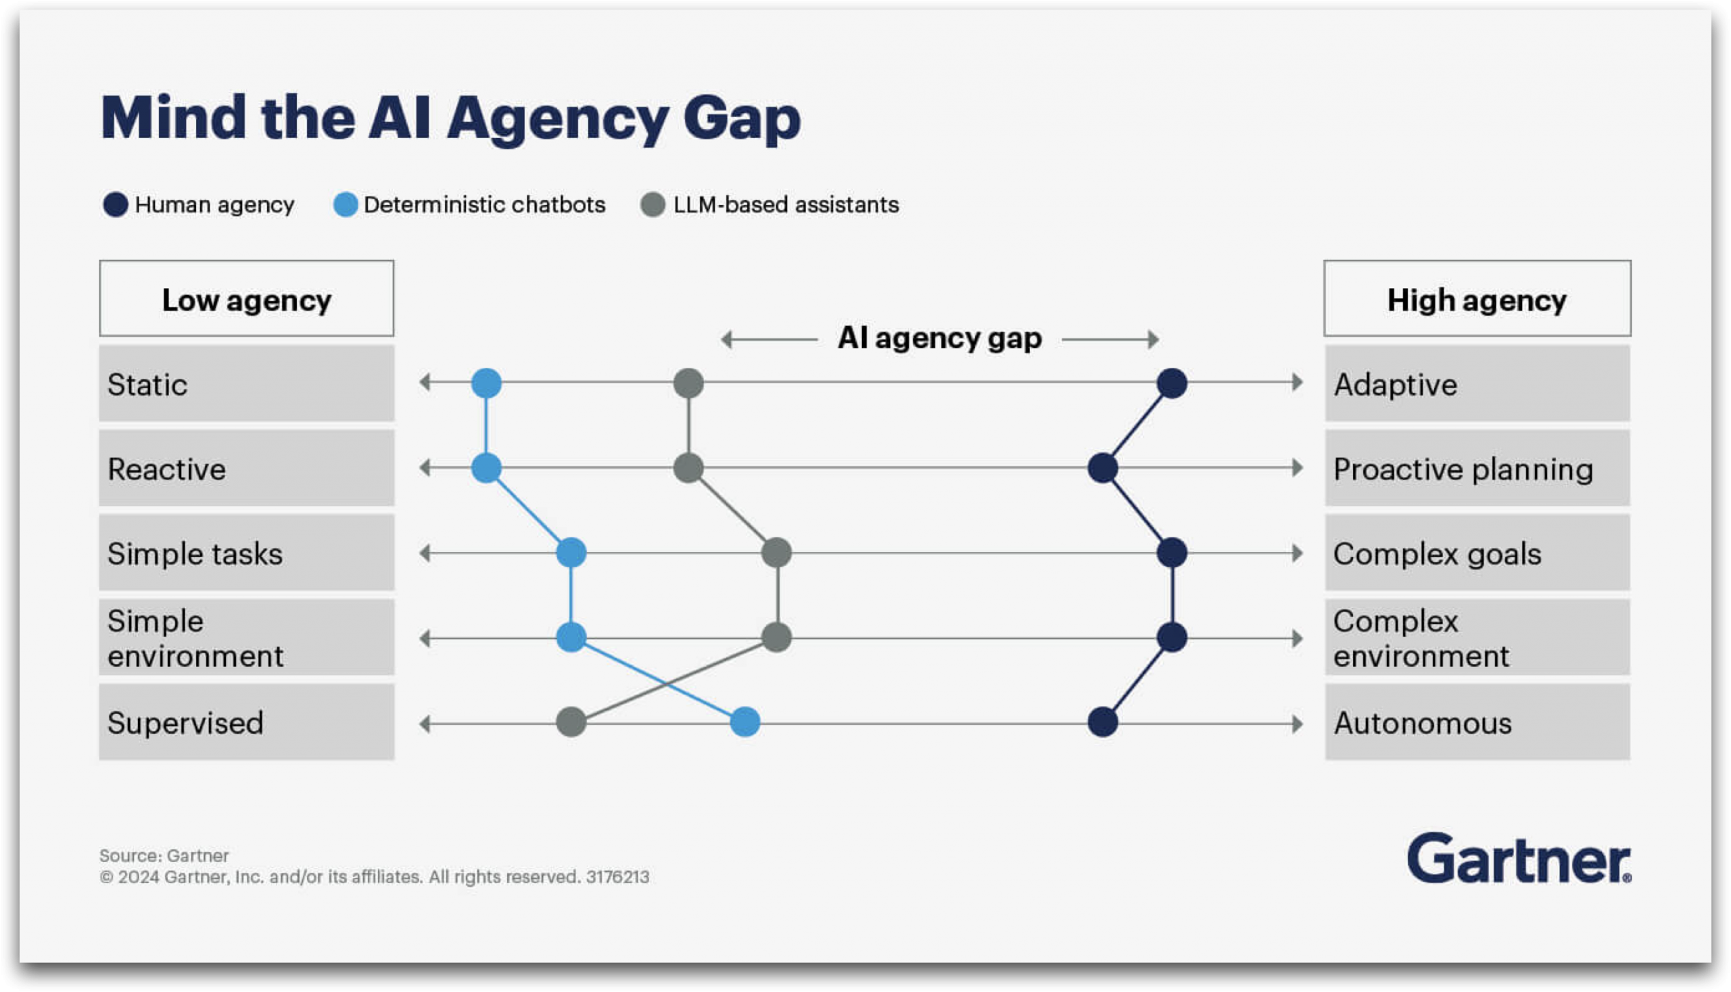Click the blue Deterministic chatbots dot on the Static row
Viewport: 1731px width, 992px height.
486,383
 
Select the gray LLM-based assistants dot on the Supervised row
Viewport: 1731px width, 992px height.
571,722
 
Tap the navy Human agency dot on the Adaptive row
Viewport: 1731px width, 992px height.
1172,383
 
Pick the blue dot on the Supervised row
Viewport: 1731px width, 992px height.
744,722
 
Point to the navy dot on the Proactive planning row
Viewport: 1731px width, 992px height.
1102,468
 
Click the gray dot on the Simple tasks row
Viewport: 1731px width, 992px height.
777,552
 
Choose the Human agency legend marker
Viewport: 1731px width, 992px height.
115,204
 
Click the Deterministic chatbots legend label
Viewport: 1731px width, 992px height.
484,204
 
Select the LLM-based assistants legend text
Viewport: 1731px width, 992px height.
786,204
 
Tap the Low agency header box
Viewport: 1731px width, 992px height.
247,298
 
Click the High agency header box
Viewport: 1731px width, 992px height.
1477,298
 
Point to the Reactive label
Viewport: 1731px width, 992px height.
167,469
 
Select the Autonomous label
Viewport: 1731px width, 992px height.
1423,723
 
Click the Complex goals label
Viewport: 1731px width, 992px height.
1437,554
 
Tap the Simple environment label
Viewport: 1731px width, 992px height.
195,638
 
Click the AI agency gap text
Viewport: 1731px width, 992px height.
939,338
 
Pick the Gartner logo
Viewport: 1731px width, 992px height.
1519,859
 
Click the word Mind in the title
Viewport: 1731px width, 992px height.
173,118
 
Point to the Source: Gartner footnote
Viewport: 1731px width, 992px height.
164,855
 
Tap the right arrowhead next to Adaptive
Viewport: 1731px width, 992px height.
1297,382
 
